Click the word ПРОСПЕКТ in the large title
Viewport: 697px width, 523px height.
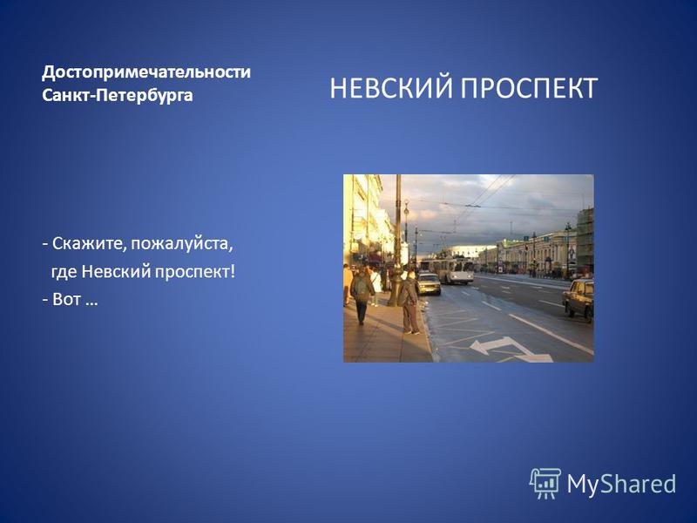point(529,88)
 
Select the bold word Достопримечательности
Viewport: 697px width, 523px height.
point(146,72)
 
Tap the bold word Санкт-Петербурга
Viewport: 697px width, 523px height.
point(118,95)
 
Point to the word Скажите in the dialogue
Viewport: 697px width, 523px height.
point(84,244)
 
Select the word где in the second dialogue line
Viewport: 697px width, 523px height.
point(64,272)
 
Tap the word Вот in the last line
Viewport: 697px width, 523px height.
point(67,299)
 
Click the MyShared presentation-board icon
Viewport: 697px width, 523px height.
point(545,483)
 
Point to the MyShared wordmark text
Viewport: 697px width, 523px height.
point(621,484)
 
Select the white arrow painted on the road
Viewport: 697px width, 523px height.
point(511,349)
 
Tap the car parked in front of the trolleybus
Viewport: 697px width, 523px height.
point(429,284)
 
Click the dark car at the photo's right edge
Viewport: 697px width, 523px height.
point(579,298)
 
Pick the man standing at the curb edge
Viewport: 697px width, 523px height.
point(409,302)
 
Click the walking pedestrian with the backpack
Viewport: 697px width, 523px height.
point(362,295)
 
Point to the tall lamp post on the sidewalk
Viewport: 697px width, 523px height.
point(397,241)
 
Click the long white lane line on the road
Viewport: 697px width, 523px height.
point(551,334)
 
